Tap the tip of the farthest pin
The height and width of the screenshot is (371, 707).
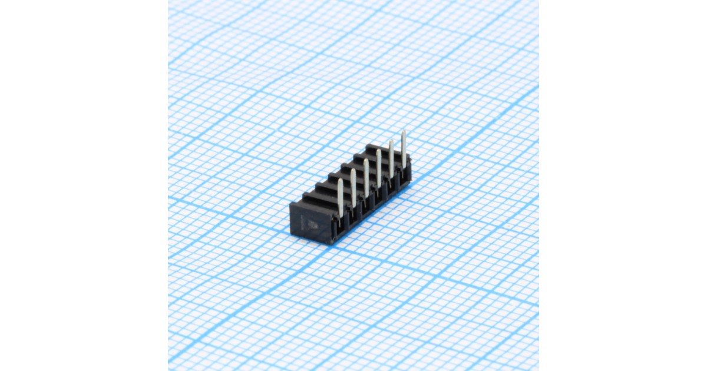404,132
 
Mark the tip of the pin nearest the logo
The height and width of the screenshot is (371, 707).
341,181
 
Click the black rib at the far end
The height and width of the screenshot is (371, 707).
377,148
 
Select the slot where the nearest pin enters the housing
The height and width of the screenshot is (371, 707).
340,216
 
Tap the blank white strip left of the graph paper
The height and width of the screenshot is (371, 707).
82,185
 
